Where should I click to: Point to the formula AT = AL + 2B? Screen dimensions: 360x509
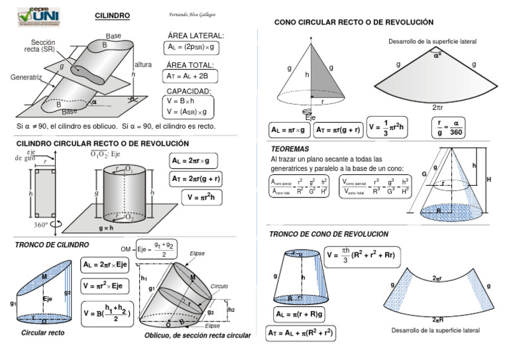(188, 77)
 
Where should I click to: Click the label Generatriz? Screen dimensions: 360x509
(25, 77)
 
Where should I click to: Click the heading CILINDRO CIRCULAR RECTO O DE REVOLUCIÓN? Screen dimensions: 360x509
(102, 143)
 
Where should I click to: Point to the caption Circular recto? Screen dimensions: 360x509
(43, 333)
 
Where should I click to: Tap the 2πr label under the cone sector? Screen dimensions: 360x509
(439, 106)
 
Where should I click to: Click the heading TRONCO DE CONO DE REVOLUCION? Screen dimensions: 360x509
(328, 234)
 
